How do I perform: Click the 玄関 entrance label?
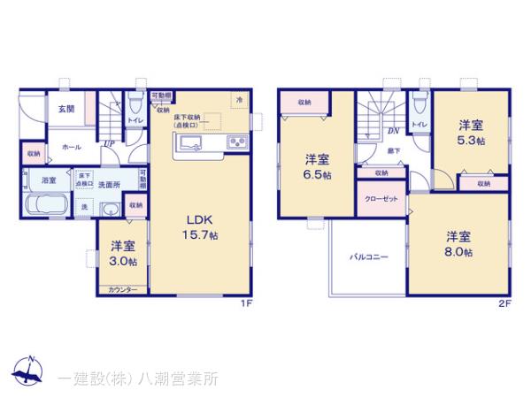66,109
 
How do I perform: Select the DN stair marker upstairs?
390,130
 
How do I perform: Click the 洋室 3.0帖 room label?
122,254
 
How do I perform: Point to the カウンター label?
122,289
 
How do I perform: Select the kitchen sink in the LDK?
192,143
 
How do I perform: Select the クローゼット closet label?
382,199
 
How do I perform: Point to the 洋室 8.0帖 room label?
458,244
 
